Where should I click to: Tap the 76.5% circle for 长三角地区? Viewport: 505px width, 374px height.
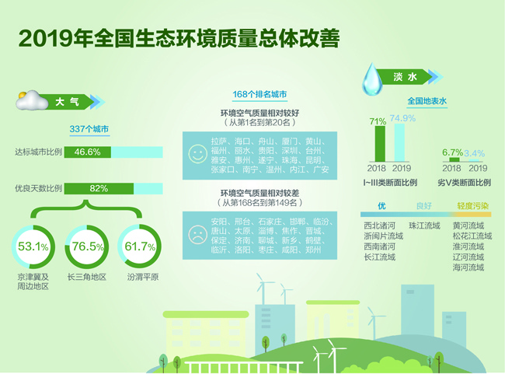(x=88, y=247)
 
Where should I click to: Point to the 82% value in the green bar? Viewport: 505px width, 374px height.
(x=99, y=189)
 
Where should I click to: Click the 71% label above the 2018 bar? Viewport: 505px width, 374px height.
(x=378, y=121)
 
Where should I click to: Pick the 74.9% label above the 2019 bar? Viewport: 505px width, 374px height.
(x=402, y=118)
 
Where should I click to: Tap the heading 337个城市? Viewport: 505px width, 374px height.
(x=89, y=129)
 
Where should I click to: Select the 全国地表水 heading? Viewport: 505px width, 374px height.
(x=427, y=100)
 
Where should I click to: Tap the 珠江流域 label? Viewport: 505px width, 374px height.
(x=424, y=225)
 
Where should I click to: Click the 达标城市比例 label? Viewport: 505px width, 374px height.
(x=38, y=152)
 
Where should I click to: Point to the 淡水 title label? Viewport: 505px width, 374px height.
(x=406, y=77)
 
